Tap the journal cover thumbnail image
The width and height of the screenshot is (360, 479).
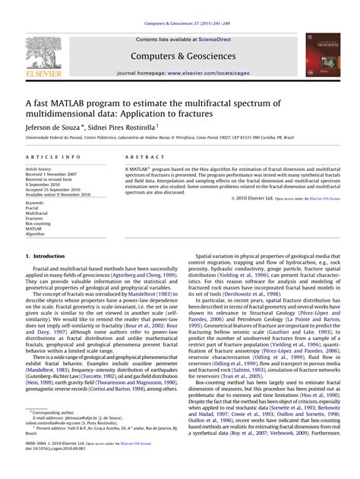pyautogui.click(x=317, y=55)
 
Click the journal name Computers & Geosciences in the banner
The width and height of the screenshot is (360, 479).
pyautogui.click(x=179, y=55)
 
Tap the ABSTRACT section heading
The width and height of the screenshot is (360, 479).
pyautogui.click(x=141, y=156)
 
